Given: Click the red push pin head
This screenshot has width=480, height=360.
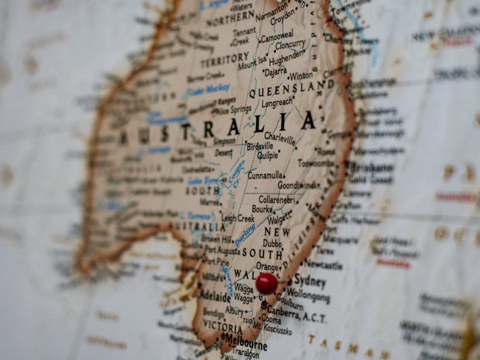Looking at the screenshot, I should [266, 283].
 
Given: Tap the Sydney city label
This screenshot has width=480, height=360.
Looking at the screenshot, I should [310, 281].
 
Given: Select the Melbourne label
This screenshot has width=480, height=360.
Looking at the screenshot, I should [245, 345].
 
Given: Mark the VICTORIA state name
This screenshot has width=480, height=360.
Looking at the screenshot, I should [222, 328].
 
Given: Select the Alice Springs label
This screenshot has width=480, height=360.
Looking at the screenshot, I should [233, 109].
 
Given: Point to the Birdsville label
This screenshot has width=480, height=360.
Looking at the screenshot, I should [260, 146].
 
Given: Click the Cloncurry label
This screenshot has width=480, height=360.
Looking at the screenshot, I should [290, 44].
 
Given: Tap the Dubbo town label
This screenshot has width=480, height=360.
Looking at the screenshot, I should [272, 244].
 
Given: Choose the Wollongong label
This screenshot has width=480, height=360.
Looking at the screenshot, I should [308, 296].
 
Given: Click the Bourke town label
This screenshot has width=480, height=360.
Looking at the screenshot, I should [262, 209].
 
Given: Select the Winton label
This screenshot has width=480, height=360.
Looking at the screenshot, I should [301, 76].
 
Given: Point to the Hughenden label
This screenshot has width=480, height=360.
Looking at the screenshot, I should [286, 58].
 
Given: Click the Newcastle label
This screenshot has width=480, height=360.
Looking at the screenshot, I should [323, 265].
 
